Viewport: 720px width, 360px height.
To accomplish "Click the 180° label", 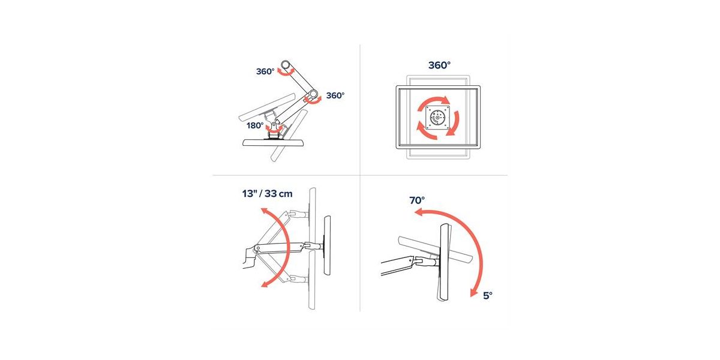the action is [255, 125].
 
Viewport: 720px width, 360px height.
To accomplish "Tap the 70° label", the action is [417, 200].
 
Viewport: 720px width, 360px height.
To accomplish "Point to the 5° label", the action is [488, 295].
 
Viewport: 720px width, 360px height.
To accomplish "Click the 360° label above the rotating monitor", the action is [439, 65].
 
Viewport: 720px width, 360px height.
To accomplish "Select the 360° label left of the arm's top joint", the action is [265, 71].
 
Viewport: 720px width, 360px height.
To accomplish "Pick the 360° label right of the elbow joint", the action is [335, 95].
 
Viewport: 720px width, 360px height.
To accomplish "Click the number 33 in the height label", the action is [271, 194].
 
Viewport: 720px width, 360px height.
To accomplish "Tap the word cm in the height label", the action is [286, 194].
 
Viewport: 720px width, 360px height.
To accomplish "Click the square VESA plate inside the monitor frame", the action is [438, 118].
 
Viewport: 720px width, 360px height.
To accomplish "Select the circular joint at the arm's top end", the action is [286, 64].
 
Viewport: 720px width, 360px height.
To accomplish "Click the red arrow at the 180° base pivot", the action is [275, 130].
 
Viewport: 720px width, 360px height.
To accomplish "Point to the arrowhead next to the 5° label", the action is [473, 292].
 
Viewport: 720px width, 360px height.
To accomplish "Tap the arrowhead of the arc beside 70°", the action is [419, 212].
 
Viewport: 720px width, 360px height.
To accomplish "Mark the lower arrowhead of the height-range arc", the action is [265, 283].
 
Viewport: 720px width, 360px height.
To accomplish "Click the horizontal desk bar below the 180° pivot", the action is [273, 142].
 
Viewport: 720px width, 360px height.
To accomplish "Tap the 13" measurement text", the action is [249, 194].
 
